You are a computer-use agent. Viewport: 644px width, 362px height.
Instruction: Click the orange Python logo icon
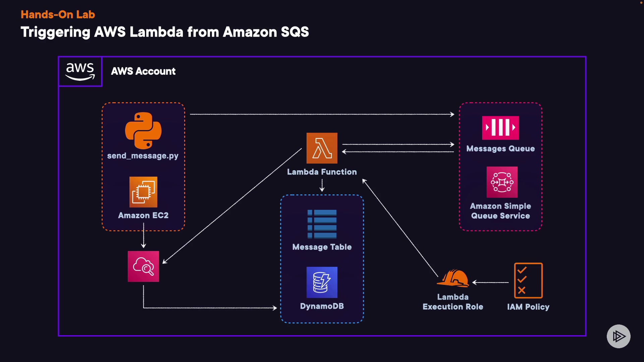pyautogui.click(x=143, y=130)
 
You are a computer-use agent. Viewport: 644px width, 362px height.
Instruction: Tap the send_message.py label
pyautogui.click(x=143, y=156)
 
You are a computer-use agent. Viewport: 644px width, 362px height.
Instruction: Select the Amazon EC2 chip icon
pyautogui.click(x=143, y=192)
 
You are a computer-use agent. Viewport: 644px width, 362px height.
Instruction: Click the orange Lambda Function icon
pyautogui.click(x=322, y=148)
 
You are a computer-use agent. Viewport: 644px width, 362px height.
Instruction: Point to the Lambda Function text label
pyautogui.click(x=322, y=172)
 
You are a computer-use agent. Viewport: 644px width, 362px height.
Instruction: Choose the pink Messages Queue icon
pyautogui.click(x=500, y=128)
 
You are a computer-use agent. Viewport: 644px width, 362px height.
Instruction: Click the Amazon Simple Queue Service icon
pyautogui.click(x=502, y=182)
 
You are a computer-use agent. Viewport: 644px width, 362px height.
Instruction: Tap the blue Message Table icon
pyautogui.click(x=322, y=224)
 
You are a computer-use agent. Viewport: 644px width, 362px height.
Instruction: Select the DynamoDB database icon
pyautogui.click(x=322, y=282)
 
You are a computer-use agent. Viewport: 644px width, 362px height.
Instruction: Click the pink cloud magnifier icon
pyautogui.click(x=143, y=266)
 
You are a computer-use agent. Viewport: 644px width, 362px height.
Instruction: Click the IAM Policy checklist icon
pyautogui.click(x=528, y=281)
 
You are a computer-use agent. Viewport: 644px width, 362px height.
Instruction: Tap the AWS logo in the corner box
pyautogui.click(x=80, y=71)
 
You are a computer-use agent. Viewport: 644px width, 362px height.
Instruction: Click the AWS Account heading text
pyautogui.click(x=143, y=71)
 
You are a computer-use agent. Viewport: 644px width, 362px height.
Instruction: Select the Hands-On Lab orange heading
pyautogui.click(x=58, y=14)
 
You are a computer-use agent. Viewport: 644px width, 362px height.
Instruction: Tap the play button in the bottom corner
pyautogui.click(x=619, y=336)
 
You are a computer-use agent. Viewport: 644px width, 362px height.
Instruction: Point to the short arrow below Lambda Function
pyautogui.click(x=322, y=185)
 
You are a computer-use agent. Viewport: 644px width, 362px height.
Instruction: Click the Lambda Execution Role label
pyautogui.click(x=453, y=302)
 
